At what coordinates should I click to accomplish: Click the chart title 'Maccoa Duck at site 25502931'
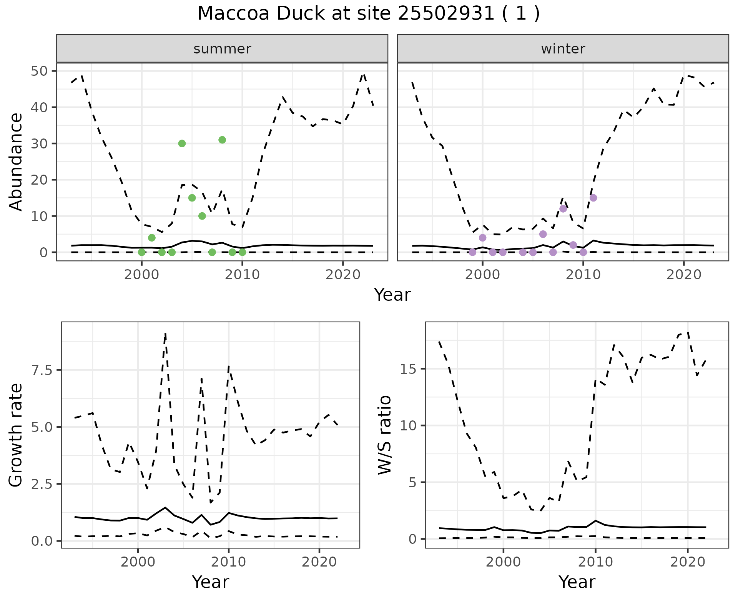368,14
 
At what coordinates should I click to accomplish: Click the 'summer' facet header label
222,49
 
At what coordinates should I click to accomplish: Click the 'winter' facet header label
563,49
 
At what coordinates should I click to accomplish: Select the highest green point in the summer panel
222,140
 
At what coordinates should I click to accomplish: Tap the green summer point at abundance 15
192,198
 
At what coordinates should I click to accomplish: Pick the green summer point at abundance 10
202,216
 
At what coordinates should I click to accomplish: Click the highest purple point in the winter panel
593,198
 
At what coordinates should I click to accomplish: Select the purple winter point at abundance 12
563,209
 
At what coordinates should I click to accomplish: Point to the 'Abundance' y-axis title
16,162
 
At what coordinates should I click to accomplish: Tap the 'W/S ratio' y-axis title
384,435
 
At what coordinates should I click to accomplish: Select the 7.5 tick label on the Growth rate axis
43,370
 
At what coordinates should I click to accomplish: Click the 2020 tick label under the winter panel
683,275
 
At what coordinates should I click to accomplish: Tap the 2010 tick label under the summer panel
242,275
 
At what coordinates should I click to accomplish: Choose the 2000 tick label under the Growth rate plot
138,562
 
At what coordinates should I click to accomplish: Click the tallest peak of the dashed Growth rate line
165,334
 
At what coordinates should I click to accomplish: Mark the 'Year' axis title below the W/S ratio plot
577,582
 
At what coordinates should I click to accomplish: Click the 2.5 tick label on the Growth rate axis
43,484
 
